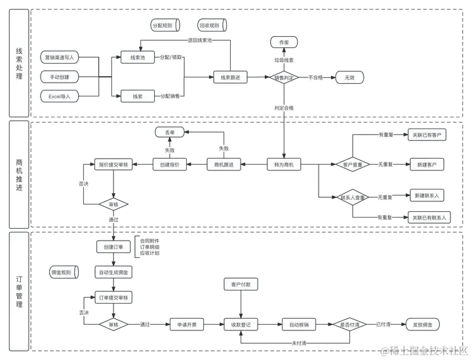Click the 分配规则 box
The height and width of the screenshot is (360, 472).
[163, 25]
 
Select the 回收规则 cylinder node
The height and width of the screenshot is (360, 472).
[211, 25]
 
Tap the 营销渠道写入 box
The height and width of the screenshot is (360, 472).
[59, 58]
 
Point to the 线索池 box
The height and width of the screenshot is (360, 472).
[138, 58]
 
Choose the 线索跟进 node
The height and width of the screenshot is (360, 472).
[230, 77]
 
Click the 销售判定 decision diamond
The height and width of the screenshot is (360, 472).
[285, 77]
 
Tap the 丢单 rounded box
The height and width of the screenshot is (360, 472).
[170, 132]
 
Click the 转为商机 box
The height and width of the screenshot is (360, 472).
[285, 165]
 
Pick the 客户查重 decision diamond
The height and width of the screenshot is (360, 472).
[353, 164]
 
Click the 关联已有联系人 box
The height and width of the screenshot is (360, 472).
[427, 217]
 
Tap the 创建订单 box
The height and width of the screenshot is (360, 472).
[113, 247]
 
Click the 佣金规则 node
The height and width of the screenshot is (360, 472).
[64, 271]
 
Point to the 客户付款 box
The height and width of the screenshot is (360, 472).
[236, 285]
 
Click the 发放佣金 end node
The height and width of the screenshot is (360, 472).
[422, 325]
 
